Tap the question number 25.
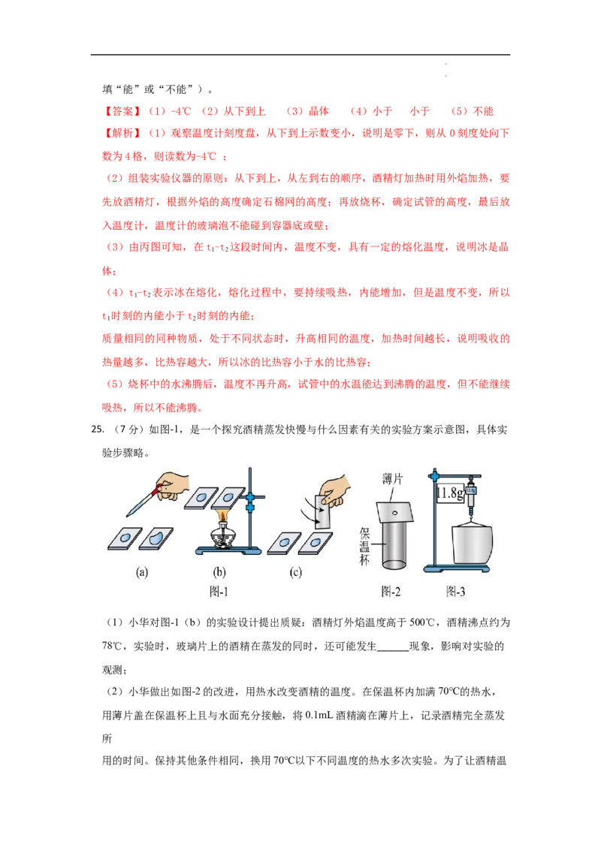tap(98, 430)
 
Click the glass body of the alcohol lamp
tap(223, 538)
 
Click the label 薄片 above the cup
tap(392, 479)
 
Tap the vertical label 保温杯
tap(364, 547)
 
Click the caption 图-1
tap(219, 592)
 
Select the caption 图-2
tap(391, 592)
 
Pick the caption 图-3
tap(455, 592)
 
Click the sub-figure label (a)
tap(141, 572)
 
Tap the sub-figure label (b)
tap(219, 572)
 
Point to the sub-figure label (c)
tap(296, 572)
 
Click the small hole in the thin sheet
tap(395, 512)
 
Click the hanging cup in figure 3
tap(472, 544)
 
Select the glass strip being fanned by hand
tap(323, 512)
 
